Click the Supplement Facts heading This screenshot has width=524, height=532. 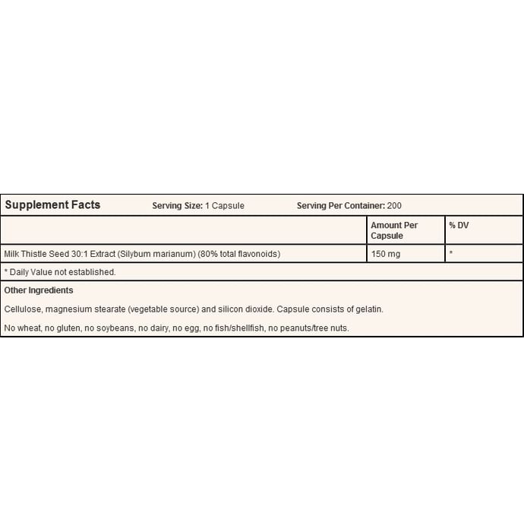point(52,204)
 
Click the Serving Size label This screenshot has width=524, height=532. point(177,205)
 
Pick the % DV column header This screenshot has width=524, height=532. point(459,226)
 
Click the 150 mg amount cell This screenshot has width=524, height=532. point(385,254)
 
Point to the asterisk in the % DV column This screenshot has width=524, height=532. point(451,253)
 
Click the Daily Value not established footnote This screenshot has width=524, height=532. point(61,271)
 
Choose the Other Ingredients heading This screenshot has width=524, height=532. point(39,290)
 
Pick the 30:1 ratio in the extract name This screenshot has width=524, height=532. point(78,254)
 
